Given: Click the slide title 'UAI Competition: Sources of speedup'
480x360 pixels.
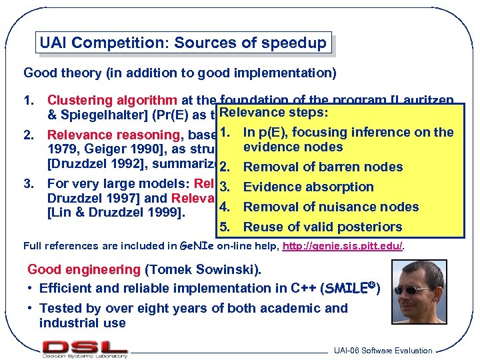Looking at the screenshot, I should (183, 44).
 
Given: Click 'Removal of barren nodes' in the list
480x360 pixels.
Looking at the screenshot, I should (323, 167).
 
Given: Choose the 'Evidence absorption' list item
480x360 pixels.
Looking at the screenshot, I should (308, 187).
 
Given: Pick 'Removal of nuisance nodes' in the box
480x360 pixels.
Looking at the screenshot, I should (331, 207).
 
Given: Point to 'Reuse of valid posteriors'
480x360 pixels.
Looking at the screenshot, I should (323, 227).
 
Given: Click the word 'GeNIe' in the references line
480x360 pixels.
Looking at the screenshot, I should (195, 246).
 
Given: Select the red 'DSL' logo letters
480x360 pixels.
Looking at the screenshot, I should (85, 346).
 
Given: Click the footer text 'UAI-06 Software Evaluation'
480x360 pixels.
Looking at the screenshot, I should (383, 351).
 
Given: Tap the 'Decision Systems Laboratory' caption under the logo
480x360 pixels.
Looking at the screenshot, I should (85, 355).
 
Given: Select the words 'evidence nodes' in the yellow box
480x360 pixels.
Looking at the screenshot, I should (293, 147).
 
